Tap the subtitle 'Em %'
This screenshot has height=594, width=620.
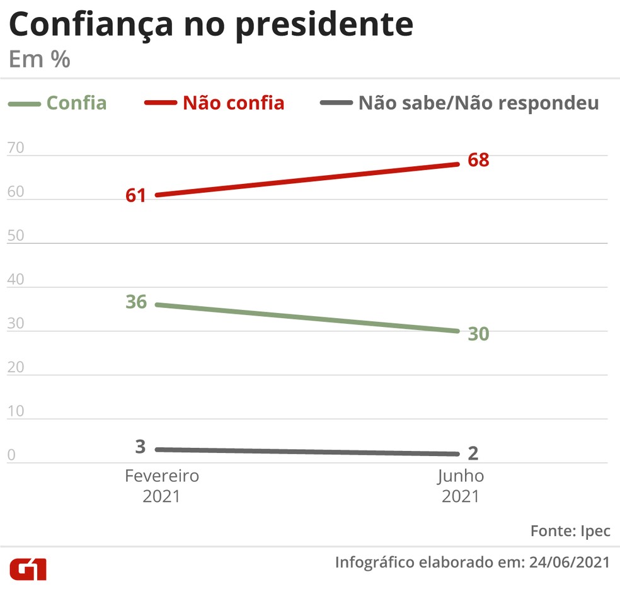(x=39, y=60)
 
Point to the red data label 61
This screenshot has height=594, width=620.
(x=135, y=195)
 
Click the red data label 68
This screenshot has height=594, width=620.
(x=478, y=160)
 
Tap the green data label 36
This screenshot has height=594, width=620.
(x=135, y=302)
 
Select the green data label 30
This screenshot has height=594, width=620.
(x=478, y=334)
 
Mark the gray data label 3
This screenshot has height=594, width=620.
(x=141, y=447)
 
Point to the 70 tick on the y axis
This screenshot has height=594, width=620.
(x=15, y=149)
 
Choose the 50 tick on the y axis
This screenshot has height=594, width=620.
(x=15, y=236)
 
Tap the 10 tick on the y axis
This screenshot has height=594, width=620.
(x=15, y=411)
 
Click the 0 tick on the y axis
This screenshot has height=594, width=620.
(x=11, y=455)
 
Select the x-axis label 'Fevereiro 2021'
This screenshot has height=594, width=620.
(x=161, y=486)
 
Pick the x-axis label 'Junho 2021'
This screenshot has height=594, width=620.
(x=461, y=486)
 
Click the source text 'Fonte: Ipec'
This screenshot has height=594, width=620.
(x=570, y=530)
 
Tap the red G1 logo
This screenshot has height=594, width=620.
(x=28, y=568)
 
